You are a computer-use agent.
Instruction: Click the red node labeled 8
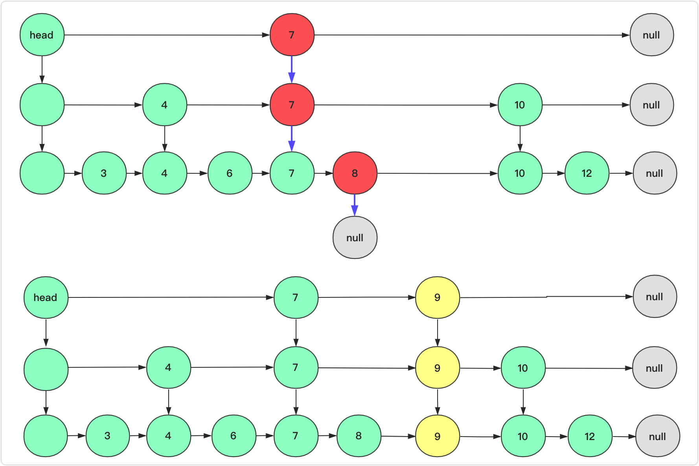[355, 173]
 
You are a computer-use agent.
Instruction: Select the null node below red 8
[355, 237]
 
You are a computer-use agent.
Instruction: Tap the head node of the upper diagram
[42, 35]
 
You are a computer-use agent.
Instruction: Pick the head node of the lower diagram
[46, 297]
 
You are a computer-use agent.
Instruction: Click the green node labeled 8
[359, 435]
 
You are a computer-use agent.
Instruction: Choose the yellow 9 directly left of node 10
[437, 368]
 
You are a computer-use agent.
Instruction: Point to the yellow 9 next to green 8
[437, 436]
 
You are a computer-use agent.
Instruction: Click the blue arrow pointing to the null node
[355, 205]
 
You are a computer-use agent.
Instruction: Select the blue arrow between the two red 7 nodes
[292, 69]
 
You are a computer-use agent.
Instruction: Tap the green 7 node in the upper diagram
[292, 173]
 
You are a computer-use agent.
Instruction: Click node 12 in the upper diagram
[587, 173]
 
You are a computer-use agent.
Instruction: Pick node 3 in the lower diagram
[107, 435]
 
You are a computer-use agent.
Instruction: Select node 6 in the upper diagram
[230, 173]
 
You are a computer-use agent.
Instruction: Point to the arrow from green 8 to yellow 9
[398, 436]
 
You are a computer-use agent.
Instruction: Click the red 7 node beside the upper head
[292, 35]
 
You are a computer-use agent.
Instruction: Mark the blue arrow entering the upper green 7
[292, 138]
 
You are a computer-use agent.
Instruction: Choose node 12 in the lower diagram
[590, 436]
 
